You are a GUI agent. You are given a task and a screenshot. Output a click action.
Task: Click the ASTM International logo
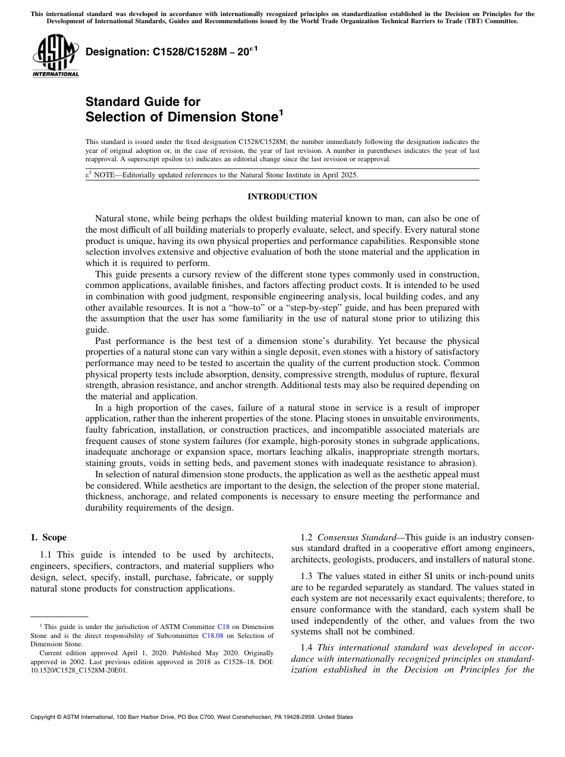(x=55, y=56)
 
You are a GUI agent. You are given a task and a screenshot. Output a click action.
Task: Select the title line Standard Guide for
(x=143, y=102)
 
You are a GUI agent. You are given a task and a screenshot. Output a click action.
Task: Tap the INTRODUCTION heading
(x=282, y=197)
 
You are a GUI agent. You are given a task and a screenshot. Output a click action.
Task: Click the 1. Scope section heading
(x=49, y=537)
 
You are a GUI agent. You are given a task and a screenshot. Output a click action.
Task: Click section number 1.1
(x=47, y=555)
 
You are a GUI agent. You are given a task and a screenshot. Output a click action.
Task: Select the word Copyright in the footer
(x=45, y=717)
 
